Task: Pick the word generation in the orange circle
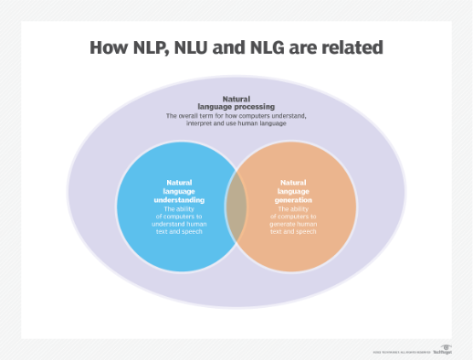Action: point(292,199)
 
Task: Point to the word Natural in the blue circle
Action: point(179,182)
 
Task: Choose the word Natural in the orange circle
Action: point(293,182)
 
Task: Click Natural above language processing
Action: point(237,99)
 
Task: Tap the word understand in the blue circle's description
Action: point(173,224)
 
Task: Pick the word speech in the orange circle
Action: point(308,231)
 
